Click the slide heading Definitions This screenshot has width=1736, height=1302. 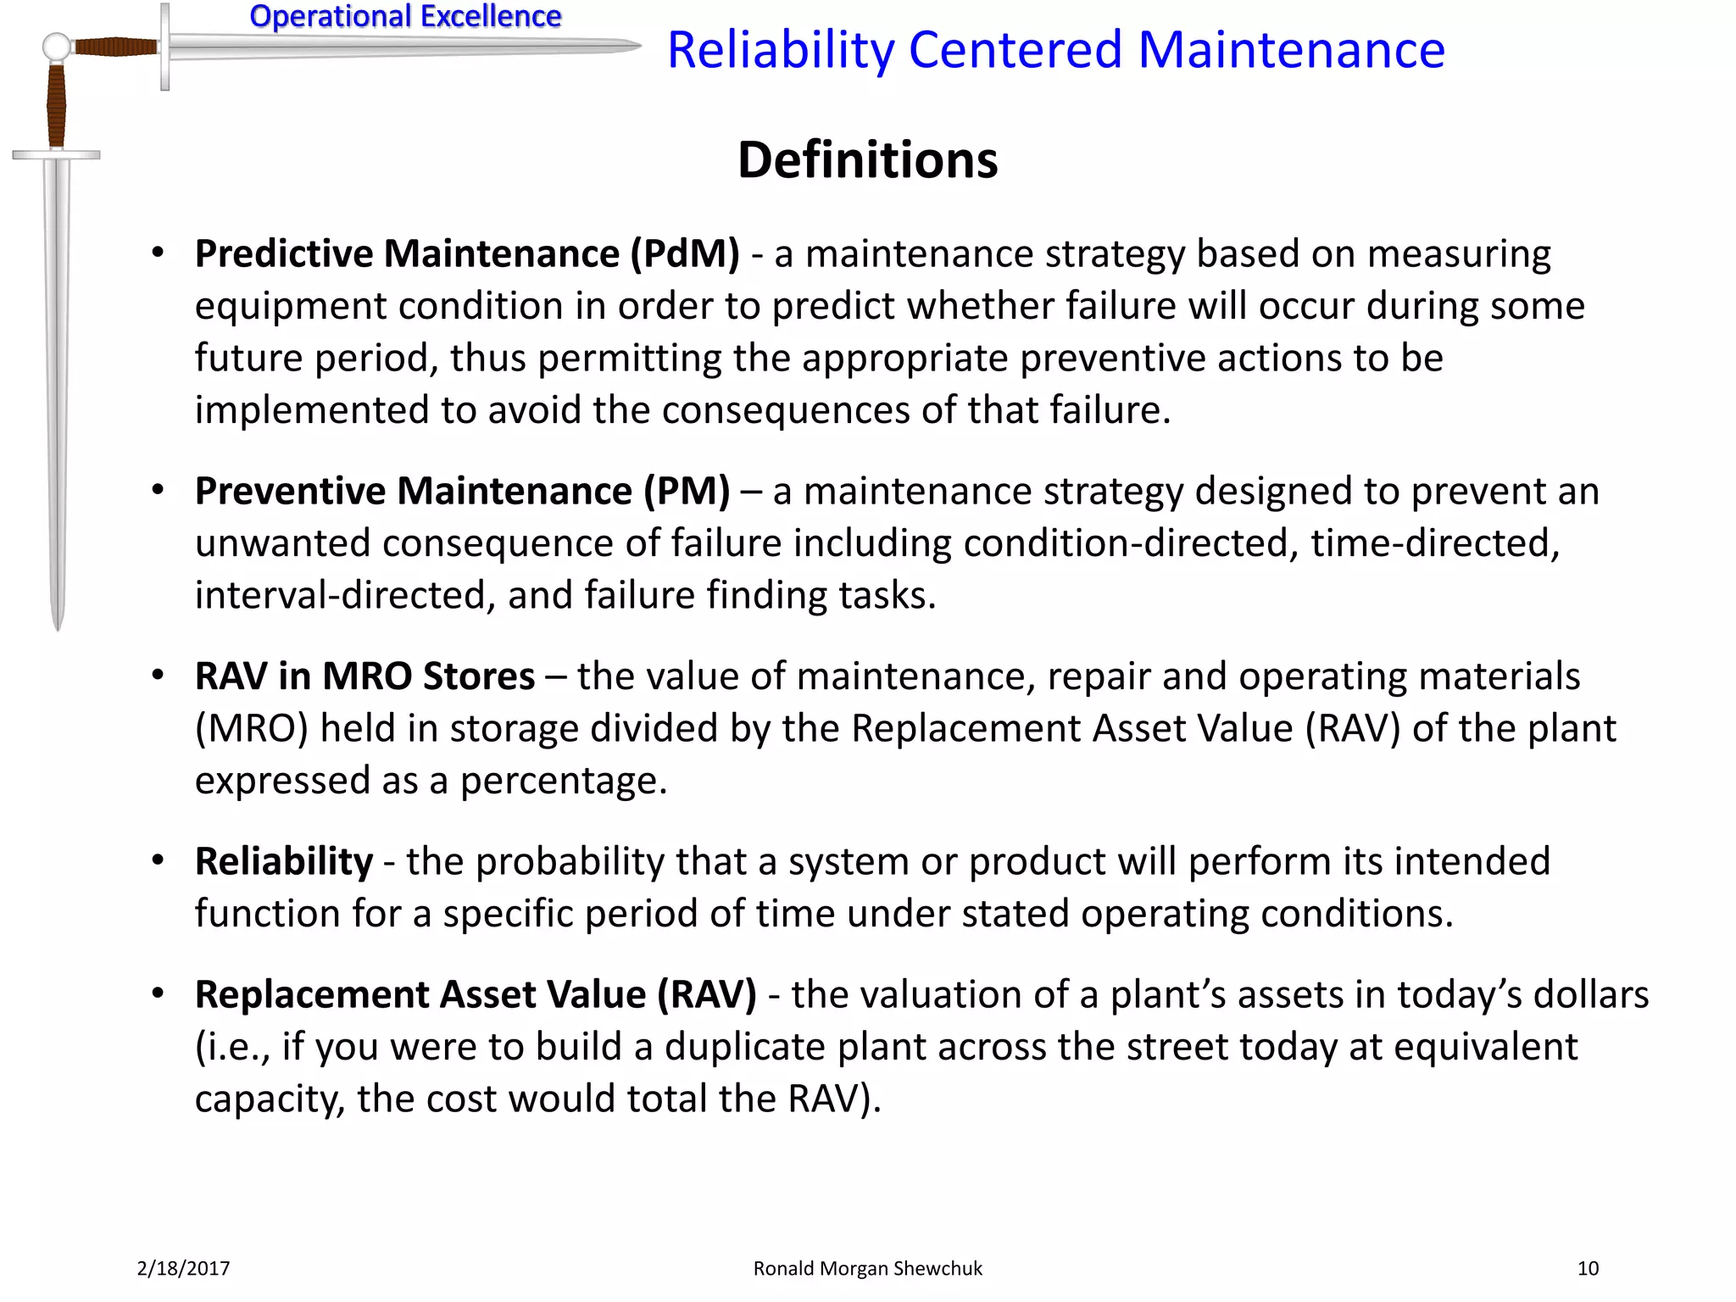867,160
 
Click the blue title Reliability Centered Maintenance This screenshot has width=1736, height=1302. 1055,50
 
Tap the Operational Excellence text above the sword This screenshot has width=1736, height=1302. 405,16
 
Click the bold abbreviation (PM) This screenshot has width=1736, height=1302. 687,492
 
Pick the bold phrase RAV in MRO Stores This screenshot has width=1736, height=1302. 364,676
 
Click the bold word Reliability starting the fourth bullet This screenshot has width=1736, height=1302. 283,862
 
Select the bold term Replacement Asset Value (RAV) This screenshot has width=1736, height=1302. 475,995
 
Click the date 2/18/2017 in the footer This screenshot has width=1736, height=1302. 183,1268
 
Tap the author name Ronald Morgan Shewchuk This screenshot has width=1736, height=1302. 867,1268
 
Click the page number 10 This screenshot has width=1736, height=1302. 1588,1268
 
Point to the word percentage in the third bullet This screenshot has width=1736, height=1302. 563,782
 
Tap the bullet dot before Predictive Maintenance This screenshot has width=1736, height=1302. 158,253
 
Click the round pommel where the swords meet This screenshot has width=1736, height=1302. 56,47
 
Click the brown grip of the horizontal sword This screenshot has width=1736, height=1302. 115,46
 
